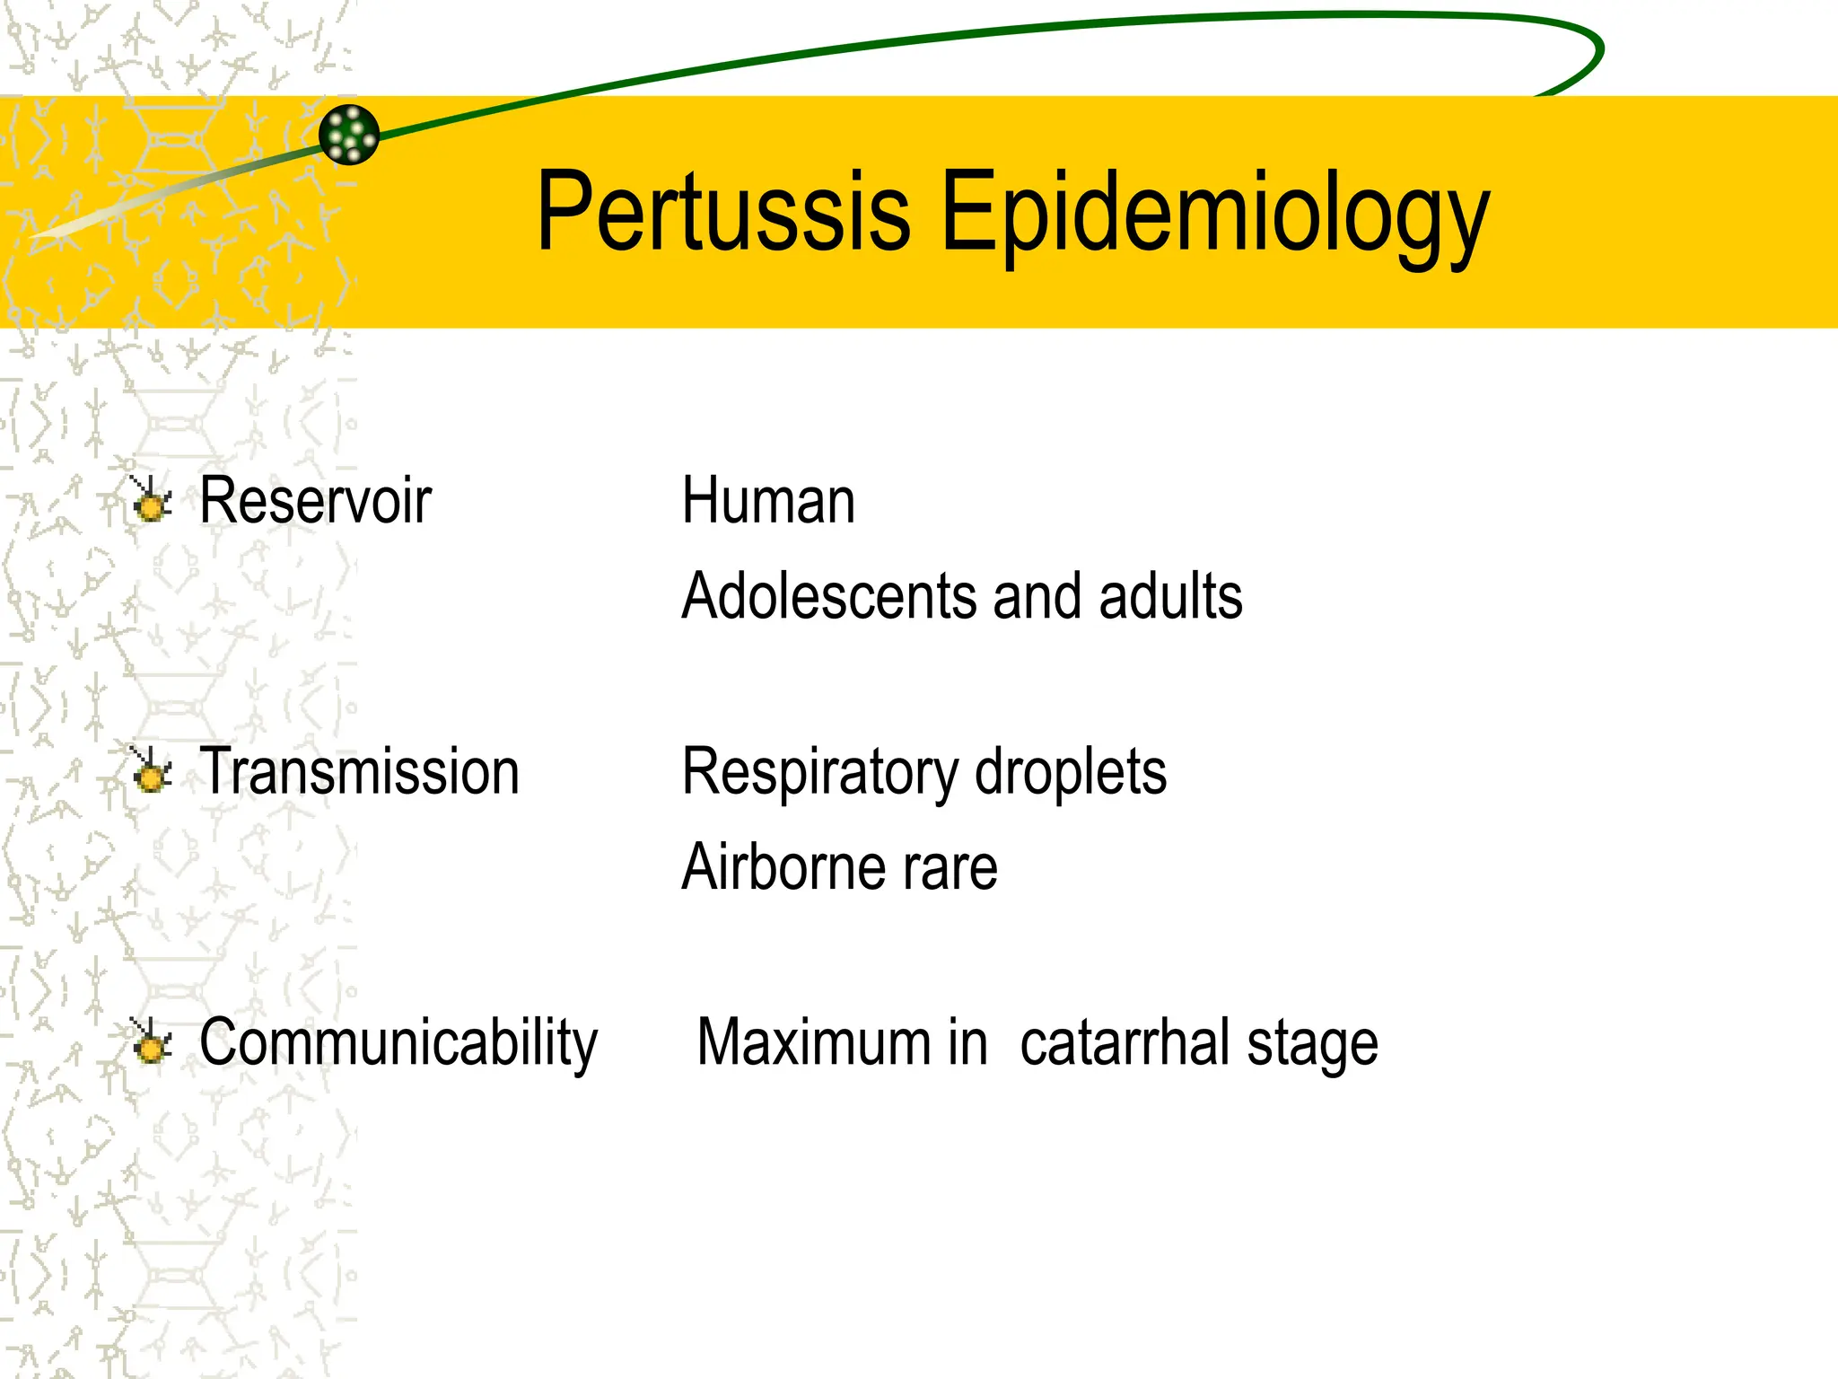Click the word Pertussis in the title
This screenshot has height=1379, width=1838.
point(723,212)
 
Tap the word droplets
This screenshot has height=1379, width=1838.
point(1071,772)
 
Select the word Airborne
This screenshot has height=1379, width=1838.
point(781,867)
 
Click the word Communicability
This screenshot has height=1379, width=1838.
point(398,1044)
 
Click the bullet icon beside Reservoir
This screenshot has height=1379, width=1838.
point(151,500)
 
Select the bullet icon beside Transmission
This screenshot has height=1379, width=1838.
point(151,771)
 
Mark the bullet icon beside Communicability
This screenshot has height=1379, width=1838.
point(151,1042)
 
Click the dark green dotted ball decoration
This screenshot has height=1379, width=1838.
point(349,135)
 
